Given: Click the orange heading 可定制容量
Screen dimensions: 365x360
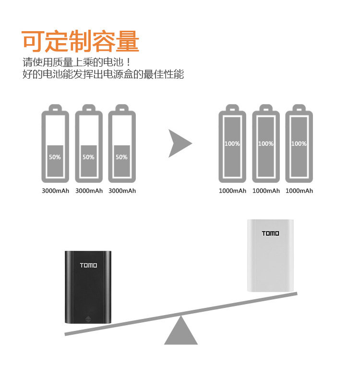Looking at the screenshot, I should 81,41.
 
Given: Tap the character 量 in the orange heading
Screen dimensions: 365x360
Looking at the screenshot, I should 127,41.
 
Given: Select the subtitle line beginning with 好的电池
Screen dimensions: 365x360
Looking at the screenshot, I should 103,75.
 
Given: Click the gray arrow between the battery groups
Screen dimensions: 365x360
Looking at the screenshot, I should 180,143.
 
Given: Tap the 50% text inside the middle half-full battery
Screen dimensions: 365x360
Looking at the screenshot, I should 88,157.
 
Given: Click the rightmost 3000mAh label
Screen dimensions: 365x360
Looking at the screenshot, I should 122,191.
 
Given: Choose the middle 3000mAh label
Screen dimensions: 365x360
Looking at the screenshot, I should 89,191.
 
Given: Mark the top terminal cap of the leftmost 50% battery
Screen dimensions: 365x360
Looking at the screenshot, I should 55,108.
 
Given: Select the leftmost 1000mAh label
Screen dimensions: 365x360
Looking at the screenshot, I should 232,191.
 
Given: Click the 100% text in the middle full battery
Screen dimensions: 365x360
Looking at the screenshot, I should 265,143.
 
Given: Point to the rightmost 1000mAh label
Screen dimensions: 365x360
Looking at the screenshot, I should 299,191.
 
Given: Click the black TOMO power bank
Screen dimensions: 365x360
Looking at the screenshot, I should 88,288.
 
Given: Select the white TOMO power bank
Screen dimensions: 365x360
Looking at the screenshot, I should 270,255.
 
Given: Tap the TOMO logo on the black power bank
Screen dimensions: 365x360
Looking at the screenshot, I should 88,265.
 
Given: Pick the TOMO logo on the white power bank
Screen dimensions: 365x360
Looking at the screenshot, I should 270,234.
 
